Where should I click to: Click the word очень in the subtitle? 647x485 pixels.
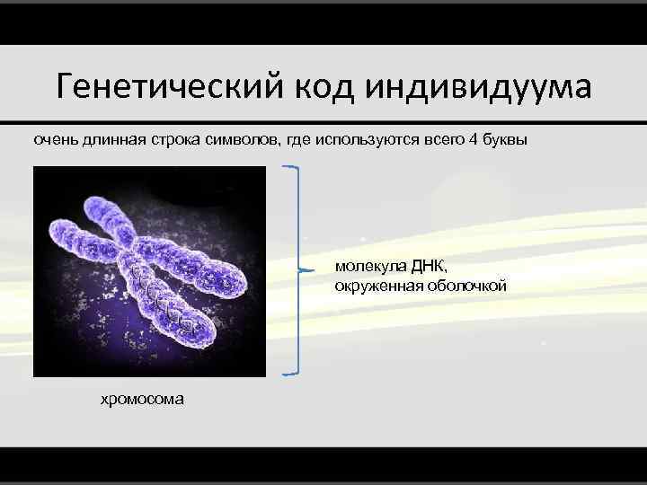(x=56, y=141)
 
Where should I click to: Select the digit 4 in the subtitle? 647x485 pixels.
(x=474, y=141)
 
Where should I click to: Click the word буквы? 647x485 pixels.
(x=506, y=141)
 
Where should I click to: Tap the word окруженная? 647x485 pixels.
(x=376, y=287)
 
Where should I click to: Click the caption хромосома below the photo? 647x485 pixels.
(x=142, y=398)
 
